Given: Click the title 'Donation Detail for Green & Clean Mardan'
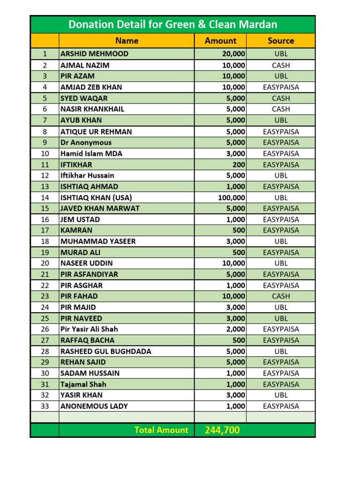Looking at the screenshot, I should (x=172, y=24).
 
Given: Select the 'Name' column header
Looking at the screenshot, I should (x=127, y=41).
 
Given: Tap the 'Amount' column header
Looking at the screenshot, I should (x=220, y=41).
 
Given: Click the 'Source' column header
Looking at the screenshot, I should (x=281, y=41).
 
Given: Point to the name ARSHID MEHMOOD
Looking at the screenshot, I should (x=94, y=54).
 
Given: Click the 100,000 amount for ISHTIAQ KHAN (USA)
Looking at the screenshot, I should (x=232, y=197).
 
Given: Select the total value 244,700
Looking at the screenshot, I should (x=222, y=430).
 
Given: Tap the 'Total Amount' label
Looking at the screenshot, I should (x=161, y=430).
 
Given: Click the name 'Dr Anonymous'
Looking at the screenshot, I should (x=86, y=142).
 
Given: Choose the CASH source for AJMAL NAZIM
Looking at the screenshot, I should (x=281, y=65).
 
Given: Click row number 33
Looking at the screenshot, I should (x=45, y=406).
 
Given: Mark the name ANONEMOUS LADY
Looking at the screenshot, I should (x=94, y=406).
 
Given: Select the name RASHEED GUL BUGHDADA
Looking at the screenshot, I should (x=106, y=351).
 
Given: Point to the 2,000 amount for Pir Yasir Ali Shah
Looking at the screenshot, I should (x=235, y=329).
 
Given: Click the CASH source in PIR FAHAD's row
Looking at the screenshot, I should (x=281, y=296).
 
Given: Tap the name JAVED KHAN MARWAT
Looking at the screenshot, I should (x=100, y=208).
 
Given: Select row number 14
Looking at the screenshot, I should (x=45, y=197).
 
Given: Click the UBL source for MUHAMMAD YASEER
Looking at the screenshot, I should (x=281, y=241).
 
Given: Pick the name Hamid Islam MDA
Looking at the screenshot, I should (x=91, y=153).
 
